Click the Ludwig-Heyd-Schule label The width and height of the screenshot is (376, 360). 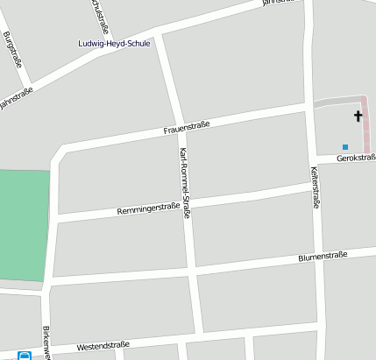click(x=114, y=43)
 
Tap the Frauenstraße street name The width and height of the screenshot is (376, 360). click(x=187, y=129)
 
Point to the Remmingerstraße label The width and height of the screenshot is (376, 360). click(x=148, y=210)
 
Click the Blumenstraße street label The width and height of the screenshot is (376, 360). click(x=323, y=257)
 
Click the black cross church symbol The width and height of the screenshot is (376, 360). click(x=358, y=116)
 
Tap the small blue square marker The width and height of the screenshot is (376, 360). click(x=345, y=146)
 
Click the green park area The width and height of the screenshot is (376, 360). click(x=23, y=224)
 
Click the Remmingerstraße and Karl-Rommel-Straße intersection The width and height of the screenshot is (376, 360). click(x=188, y=204)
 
